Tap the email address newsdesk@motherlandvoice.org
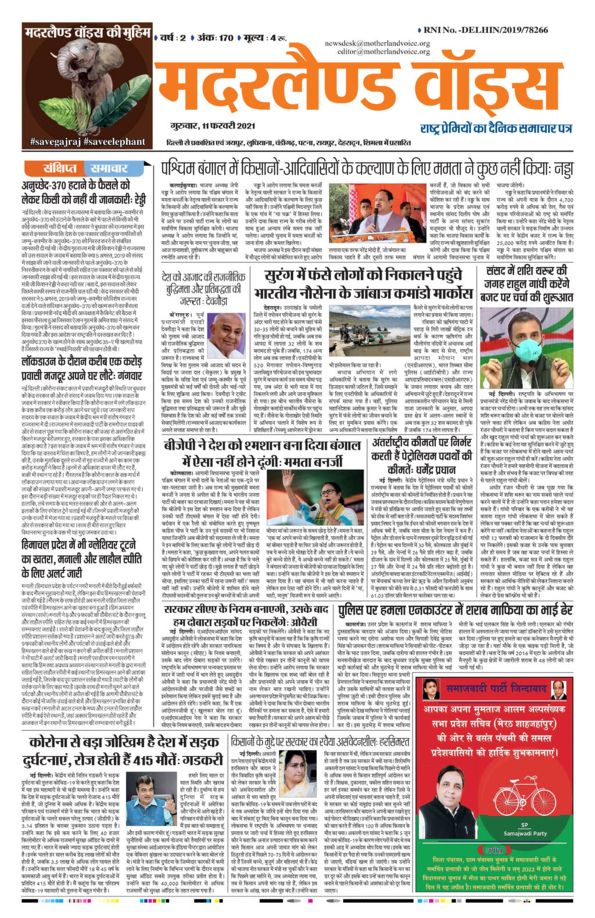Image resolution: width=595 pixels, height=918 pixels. (377, 44)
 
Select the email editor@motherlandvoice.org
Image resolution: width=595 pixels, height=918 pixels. (383, 51)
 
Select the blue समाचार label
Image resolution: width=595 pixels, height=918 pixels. (109, 168)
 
